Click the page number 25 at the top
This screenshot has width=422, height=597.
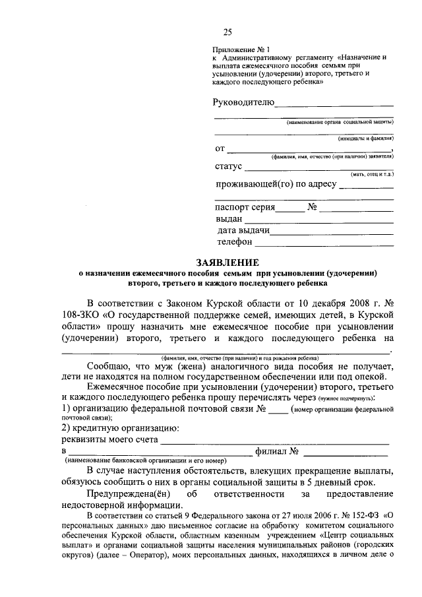click(x=228, y=32)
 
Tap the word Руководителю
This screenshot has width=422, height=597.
click(x=243, y=103)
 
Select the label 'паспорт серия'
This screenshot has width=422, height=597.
click(x=245, y=207)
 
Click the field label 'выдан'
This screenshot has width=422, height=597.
click(x=229, y=219)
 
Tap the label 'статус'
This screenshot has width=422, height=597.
click(x=228, y=166)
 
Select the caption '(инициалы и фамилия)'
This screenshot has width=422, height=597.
click(x=366, y=139)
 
